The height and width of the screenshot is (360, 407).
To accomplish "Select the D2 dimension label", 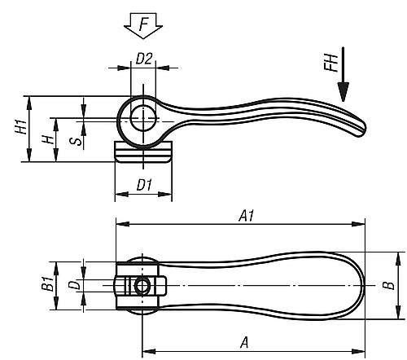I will [143, 59].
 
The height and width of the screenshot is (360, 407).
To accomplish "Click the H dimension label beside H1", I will [48, 139].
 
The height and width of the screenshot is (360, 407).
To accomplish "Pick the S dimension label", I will [75, 140].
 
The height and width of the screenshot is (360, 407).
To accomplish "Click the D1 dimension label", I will [144, 186].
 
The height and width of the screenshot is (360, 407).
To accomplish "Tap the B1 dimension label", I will [48, 286].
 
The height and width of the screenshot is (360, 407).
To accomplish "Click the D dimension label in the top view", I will [73, 286].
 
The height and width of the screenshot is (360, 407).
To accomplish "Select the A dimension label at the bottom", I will [243, 344].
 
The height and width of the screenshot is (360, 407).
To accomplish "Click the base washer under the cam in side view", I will [143, 153].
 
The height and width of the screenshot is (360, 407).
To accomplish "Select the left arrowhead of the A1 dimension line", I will [119, 222].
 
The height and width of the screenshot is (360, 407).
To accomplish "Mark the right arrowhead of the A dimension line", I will [361, 352].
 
